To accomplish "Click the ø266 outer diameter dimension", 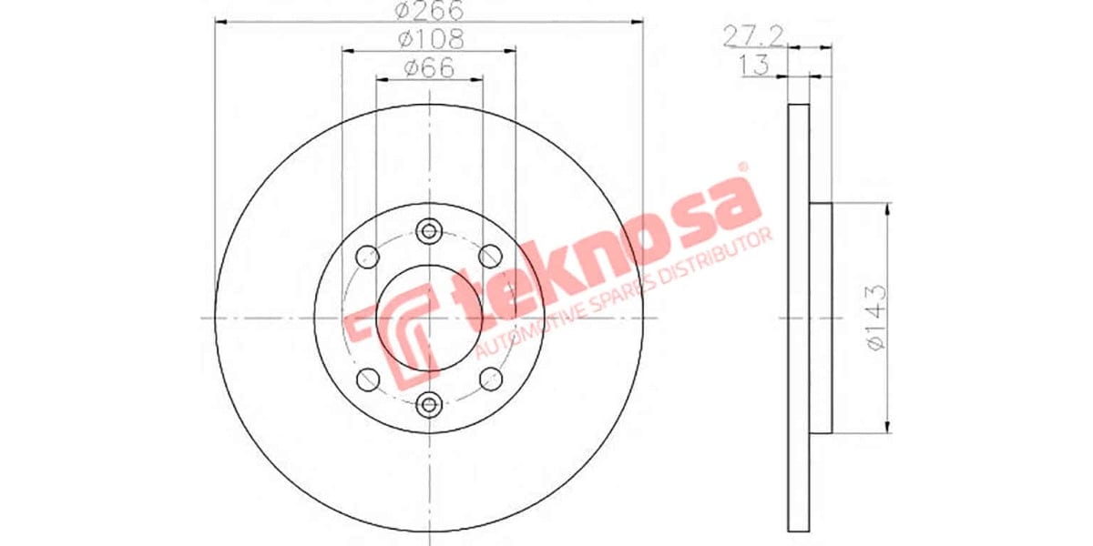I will [x=428, y=12].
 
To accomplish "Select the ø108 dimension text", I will [x=429, y=40].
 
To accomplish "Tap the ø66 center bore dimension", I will [x=429, y=67].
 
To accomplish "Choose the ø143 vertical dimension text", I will [x=875, y=318].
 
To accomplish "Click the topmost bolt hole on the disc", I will [x=429, y=230].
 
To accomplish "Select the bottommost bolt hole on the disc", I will [x=429, y=404].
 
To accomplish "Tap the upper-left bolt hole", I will [x=367, y=256].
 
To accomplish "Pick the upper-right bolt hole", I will [x=491, y=256].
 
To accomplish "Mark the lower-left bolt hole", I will [x=367, y=379].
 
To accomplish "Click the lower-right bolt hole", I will [x=491, y=379].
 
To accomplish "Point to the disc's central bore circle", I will [x=429, y=318].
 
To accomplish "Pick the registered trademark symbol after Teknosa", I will [x=741, y=167].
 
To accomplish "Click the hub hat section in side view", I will [x=822, y=318].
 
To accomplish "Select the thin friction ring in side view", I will [x=798, y=318].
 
